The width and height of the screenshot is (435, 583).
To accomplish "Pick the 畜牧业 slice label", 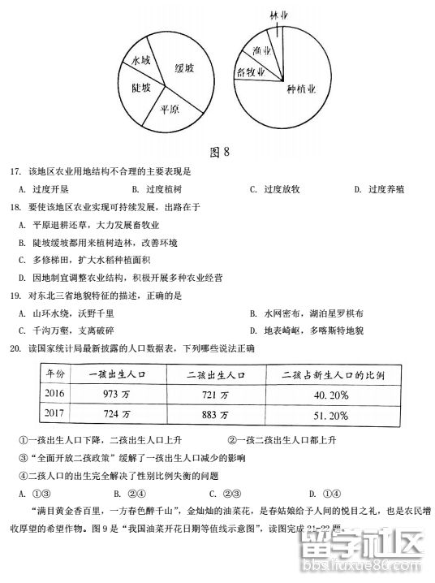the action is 252,72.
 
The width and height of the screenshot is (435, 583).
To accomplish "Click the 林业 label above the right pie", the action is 279,15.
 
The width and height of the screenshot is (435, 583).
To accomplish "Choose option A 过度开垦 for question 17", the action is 45,189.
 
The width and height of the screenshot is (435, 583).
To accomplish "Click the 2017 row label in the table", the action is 58,415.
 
